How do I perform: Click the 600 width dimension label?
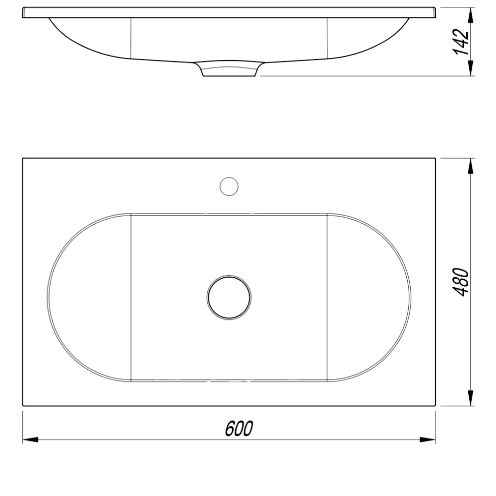coord(239,429)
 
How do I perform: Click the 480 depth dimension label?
coord(461,282)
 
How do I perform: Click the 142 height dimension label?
coord(461,42)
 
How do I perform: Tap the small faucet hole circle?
coord(229,186)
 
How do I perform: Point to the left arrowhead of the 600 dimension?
coord(30,439)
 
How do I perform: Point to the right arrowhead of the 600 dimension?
coord(428,439)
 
